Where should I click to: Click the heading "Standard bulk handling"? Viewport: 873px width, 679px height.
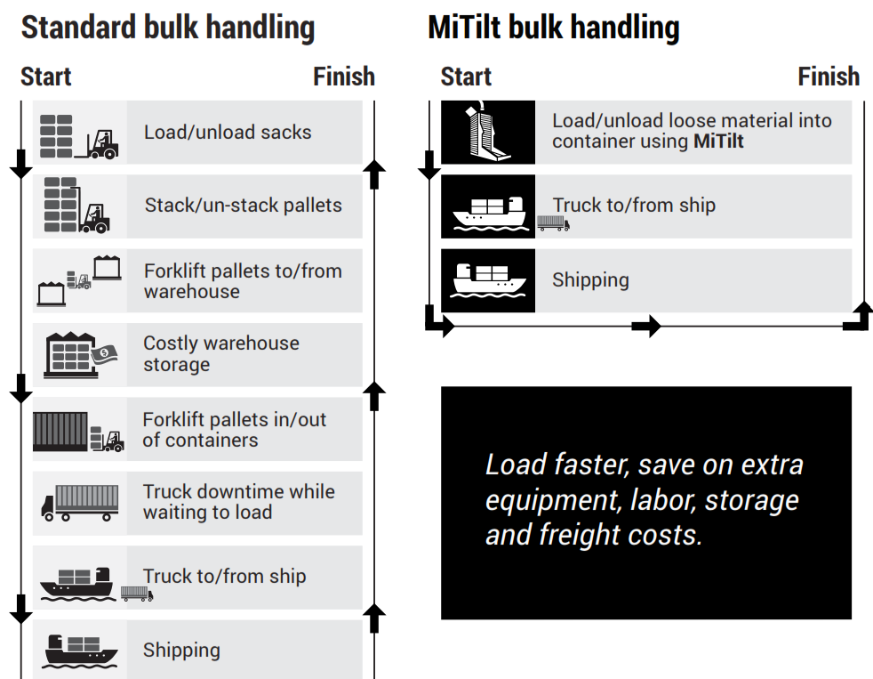[167, 27]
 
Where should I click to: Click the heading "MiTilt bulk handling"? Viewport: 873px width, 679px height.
[553, 27]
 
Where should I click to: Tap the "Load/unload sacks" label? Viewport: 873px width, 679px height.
[228, 133]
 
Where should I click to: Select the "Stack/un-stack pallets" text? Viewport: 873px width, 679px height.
[243, 206]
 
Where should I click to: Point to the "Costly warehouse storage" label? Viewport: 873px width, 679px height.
[221, 353]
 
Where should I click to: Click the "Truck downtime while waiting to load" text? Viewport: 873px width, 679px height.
[238, 502]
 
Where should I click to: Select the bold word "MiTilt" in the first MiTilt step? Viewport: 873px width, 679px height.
[718, 141]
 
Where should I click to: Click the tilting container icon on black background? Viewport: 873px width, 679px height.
[487, 133]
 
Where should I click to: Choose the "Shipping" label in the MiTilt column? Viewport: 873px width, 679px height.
[590, 280]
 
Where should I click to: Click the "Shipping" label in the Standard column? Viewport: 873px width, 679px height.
[181, 651]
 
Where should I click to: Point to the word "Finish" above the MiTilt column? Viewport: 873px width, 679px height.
[829, 77]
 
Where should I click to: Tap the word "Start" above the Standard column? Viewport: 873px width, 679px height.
[46, 77]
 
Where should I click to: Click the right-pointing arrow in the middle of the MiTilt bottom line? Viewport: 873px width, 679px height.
[646, 327]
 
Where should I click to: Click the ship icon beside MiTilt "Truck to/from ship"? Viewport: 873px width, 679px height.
[487, 210]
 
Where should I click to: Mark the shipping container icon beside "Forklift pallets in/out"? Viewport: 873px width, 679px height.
[60, 431]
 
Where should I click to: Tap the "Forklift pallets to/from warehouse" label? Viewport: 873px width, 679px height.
[243, 281]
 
